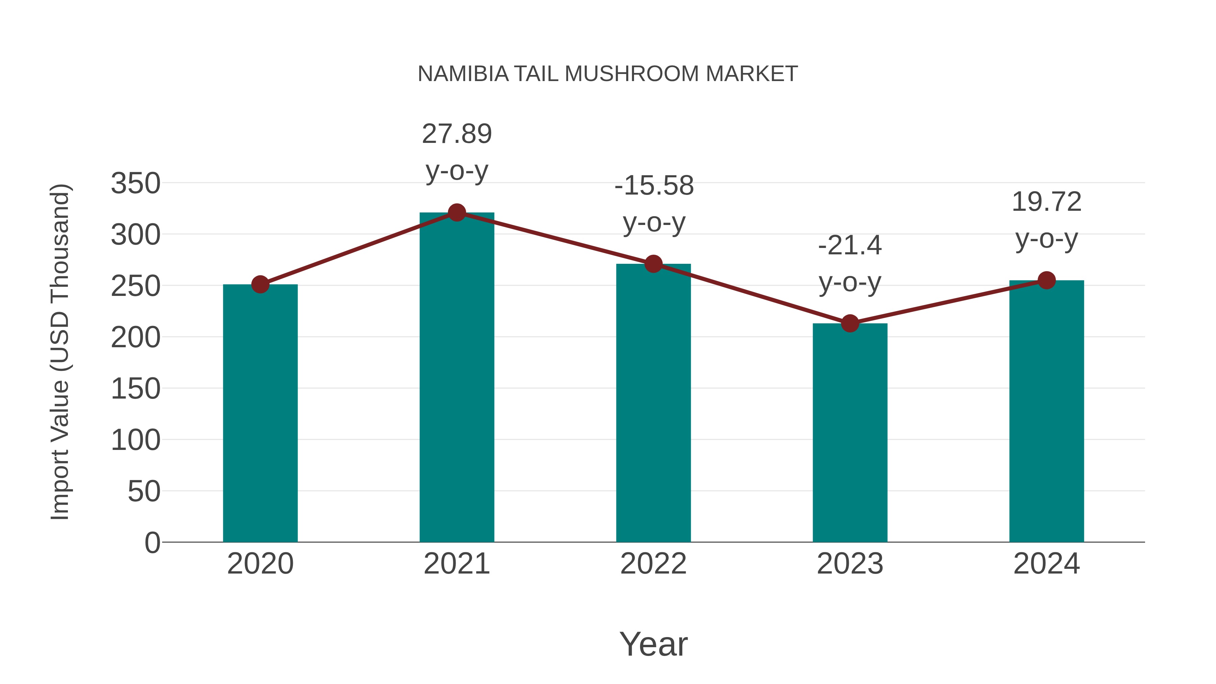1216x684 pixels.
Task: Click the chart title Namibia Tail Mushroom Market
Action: point(608,74)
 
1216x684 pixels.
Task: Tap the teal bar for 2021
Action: point(456,378)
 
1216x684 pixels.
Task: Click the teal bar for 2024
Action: point(1046,411)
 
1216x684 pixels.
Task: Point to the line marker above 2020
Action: point(260,285)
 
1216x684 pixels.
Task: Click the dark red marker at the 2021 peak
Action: point(456,213)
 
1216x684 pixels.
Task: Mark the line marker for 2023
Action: point(850,324)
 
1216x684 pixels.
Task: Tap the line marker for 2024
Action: point(1046,280)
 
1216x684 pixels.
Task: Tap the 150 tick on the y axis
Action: point(135,389)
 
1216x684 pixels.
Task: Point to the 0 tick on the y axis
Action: point(152,542)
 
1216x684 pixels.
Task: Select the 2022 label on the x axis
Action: point(653,564)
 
